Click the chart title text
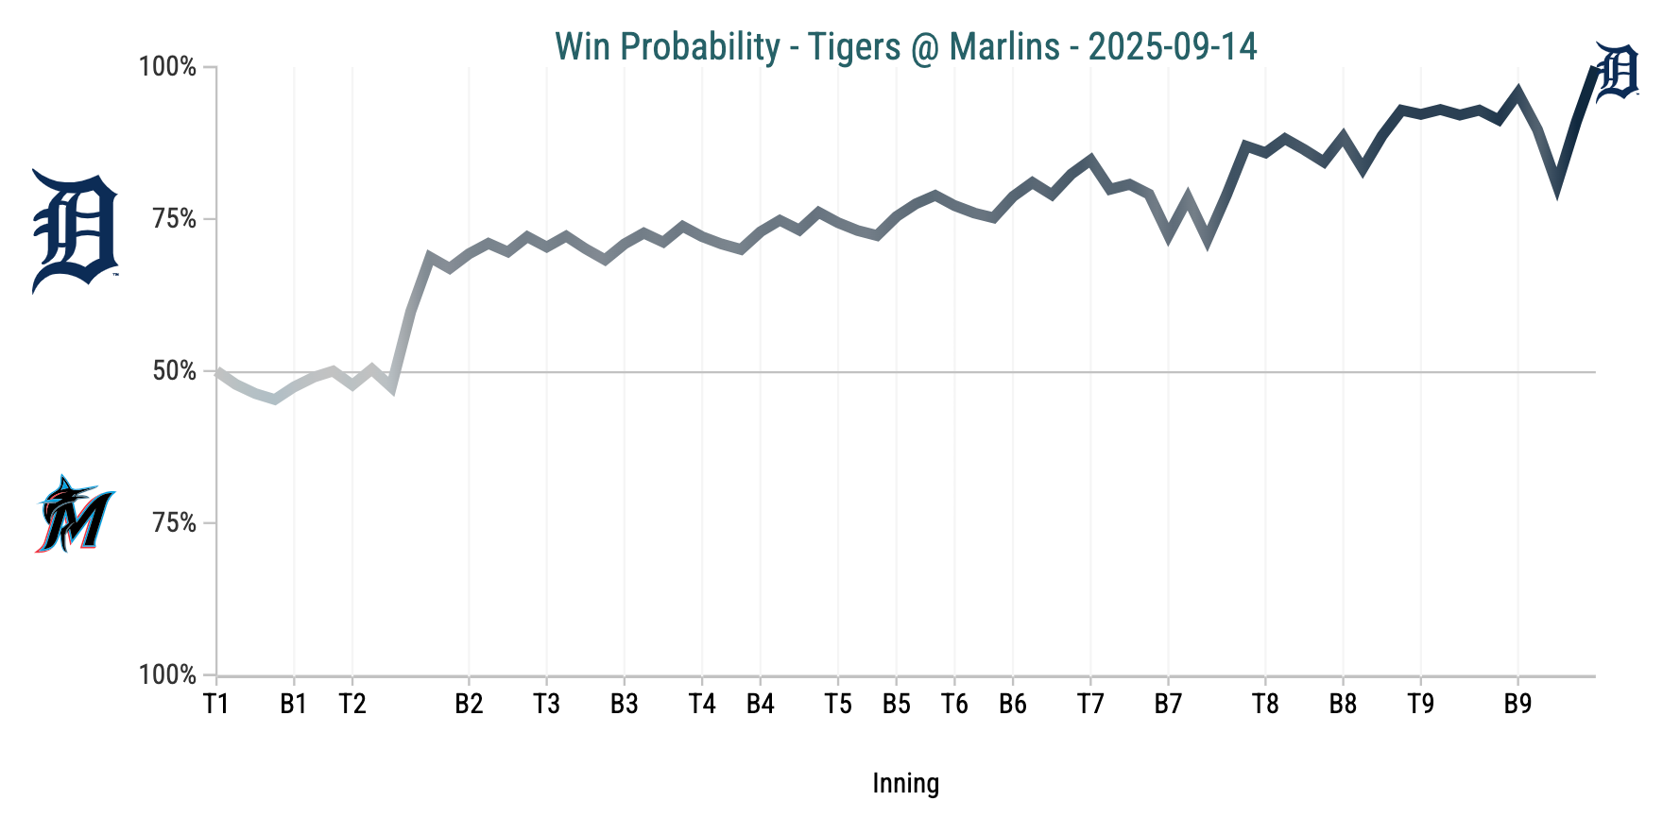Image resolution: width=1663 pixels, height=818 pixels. [905, 46]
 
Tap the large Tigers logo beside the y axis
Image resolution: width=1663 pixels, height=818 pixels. [75, 231]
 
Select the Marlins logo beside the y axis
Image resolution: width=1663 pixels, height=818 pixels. [75, 514]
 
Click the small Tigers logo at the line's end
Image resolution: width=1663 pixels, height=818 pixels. [1617, 71]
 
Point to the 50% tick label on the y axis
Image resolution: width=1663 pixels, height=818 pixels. [175, 371]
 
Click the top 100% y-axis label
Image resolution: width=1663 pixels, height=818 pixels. [168, 67]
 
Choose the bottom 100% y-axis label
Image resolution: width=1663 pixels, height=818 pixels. [168, 675]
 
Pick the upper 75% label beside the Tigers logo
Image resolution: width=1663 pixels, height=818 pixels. [175, 219]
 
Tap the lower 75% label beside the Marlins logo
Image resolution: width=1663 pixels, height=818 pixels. [175, 523]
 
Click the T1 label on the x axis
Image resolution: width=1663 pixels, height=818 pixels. [216, 704]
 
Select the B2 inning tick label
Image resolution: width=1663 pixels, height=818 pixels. [469, 704]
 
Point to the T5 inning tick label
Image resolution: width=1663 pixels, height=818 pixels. [837, 704]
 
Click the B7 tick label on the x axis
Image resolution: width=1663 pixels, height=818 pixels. [1168, 704]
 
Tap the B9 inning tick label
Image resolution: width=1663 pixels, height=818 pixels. [1517, 704]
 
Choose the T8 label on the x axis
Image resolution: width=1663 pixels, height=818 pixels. [1265, 704]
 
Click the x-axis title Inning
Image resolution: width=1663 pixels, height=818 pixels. [905, 783]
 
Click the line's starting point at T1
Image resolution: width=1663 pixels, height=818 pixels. [217, 372]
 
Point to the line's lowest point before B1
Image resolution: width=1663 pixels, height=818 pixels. [274, 400]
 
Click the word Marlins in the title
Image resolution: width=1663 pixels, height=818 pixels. [1004, 46]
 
